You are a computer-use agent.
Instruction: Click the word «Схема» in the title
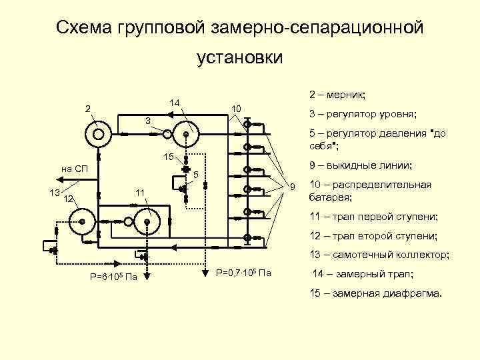tap(84, 27)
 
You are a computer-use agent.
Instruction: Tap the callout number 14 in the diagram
tap(174, 102)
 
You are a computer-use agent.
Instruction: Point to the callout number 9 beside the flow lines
tap(291, 185)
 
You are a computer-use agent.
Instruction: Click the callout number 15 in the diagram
tap(169, 157)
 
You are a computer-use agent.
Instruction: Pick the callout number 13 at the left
tap(55, 193)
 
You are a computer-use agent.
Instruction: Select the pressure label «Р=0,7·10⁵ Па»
tap(244, 273)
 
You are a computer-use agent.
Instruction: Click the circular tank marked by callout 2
tap(98, 134)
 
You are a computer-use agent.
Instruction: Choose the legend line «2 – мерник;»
tap(341, 95)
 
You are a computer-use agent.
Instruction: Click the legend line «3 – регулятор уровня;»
tap(362, 114)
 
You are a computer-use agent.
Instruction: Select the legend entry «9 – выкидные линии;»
tap(361, 165)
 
